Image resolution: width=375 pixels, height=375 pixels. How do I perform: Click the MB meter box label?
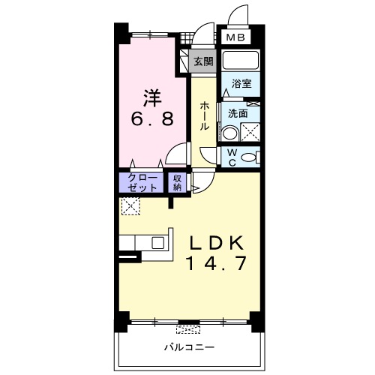pyautogui.click(x=235, y=37)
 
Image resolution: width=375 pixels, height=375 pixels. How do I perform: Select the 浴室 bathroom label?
pyautogui.click(x=241, y=83)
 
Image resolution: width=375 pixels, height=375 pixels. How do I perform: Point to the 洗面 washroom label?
pyautogui.click(x=238, y=114)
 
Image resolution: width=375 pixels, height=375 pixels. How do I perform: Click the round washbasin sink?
pyautogui.click(x=229, y=133)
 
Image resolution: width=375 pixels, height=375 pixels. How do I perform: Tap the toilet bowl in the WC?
pyautogui.click(x=249, y=157)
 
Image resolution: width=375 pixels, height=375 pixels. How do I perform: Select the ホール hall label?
pyautogui.click(x=204, y=115)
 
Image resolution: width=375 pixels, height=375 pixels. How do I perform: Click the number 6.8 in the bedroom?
pyautogui.click(x=152, y=119)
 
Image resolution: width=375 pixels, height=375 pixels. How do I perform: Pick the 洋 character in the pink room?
pyautogui.click(x=152, y=98)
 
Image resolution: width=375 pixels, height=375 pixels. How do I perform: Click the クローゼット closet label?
pyautogui.click(x=142, y=183)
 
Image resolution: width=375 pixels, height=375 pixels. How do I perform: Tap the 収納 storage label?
pyautogui.click(x=177, y=183)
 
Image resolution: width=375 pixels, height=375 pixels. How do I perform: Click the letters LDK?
pyautogui.click(x=217, y=243)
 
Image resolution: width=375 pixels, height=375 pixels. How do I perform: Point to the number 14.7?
pyautogui.click(x=217, y=263)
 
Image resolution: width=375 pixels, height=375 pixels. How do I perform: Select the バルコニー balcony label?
pyautogui.click(x=189, y=347)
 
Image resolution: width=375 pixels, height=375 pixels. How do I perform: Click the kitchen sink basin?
pyautogui.click(x=158, y=243)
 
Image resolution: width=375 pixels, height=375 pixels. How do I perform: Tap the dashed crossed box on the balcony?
pyautogui.click(x=188, y=330)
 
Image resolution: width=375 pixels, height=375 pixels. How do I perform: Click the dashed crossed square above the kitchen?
pyautogui.click(x=130, y=206)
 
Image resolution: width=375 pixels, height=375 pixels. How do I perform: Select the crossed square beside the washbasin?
pyautogui.click(x=250, y=133)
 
